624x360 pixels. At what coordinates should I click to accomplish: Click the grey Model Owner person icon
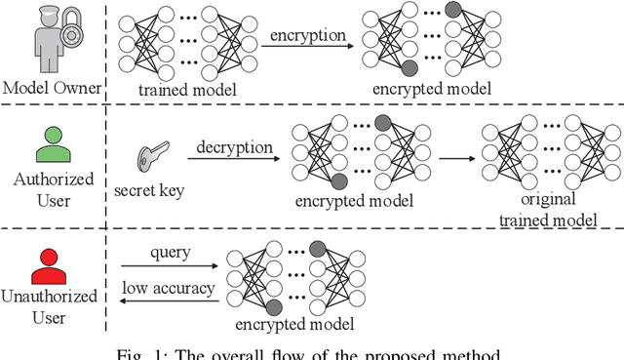[x=49, y=39]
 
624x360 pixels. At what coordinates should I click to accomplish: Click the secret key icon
[x=153, y=156]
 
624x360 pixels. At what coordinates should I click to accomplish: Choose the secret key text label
[x=153, y=191]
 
